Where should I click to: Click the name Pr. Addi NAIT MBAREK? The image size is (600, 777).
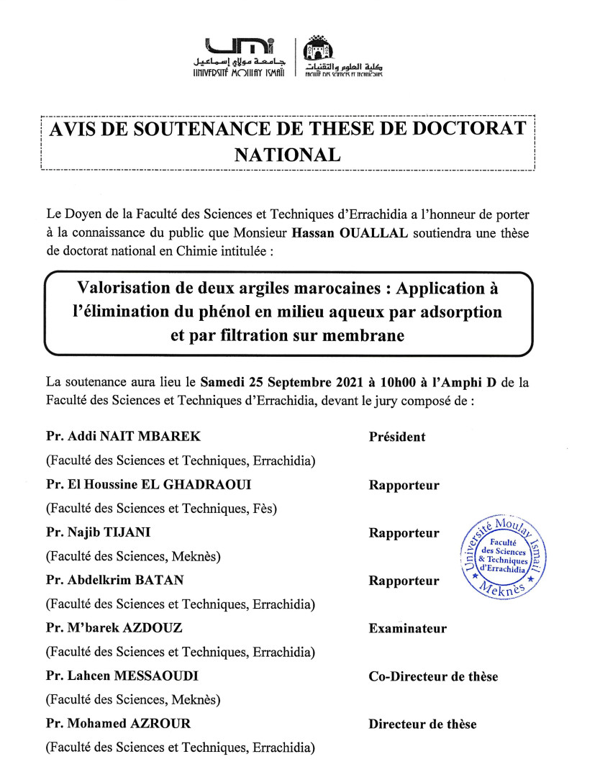point(124,437)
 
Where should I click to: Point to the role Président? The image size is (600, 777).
point(397,437)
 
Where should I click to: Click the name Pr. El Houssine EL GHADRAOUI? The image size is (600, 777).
point(149,485)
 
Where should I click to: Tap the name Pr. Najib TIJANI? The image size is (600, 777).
point(101,533)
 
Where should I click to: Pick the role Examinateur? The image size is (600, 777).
point(407,629)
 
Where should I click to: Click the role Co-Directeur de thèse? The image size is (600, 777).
point(433,676)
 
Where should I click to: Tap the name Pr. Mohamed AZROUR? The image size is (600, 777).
point(119,724)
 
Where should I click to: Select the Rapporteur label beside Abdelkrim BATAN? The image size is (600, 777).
point(404,581)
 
